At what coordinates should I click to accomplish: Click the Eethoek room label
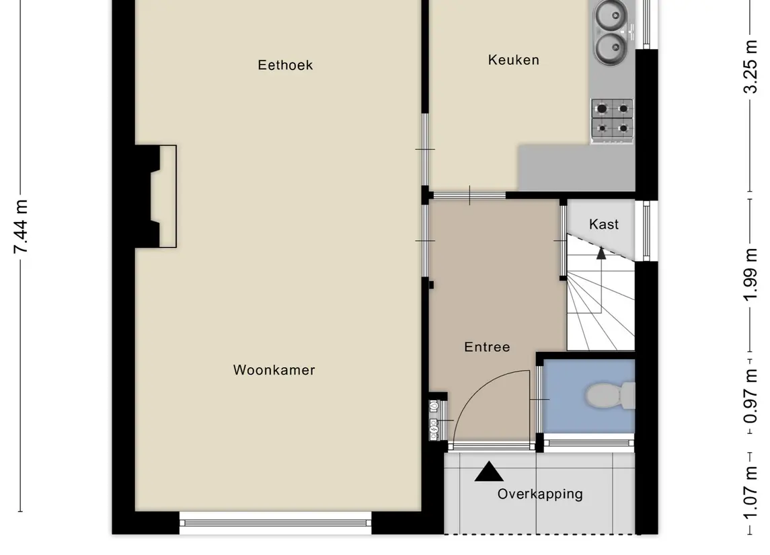point(285,65)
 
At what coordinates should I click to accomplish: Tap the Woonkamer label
point(274,370)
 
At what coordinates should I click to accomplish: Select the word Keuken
point(514,60)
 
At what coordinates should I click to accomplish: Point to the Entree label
point(487,346)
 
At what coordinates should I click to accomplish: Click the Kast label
point(603,224)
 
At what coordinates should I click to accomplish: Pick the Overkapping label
point(540,494)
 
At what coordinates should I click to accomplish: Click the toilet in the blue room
point(611,396)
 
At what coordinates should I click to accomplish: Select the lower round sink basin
point(611,48)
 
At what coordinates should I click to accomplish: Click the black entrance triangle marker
point(489,472)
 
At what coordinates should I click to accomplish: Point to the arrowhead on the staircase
point(601,254)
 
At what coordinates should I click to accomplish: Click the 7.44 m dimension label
point(21,227)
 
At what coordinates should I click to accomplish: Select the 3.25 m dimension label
point(750,67)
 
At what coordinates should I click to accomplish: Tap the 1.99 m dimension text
point(750,274)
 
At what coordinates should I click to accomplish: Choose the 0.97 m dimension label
point(750,397)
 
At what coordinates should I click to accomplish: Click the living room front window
point(275,523)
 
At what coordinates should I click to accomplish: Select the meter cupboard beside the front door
point(438,418)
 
